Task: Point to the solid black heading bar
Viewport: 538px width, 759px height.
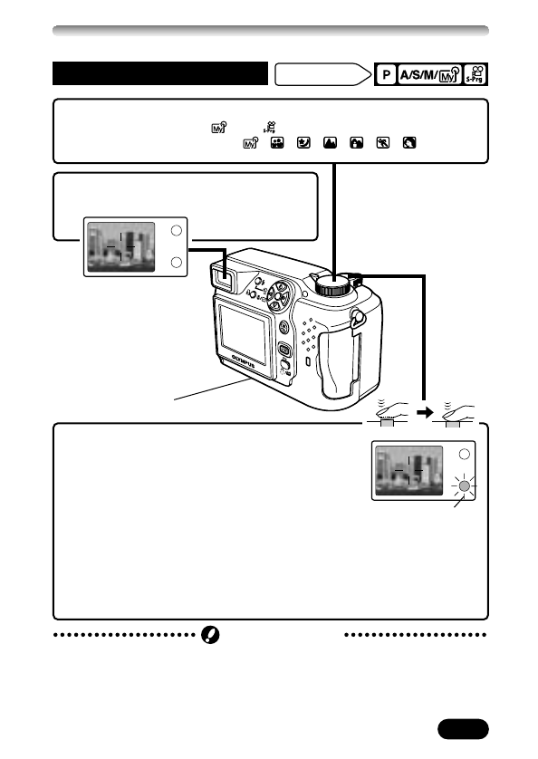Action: [x=160, y=73]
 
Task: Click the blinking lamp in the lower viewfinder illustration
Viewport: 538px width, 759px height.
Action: [x=464, y=485]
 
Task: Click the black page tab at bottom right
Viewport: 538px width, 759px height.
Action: [x=462, y=729]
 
